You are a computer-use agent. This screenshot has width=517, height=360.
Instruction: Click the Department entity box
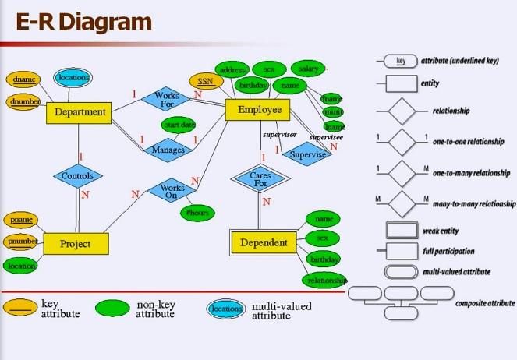tap(80, 112)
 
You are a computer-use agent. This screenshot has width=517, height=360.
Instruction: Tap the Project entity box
tap(76, 244)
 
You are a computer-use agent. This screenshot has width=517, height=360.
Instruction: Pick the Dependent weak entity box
tap(264, 242)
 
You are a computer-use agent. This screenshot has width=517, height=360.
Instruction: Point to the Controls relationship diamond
tap(78, 176)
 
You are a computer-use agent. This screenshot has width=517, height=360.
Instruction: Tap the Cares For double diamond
tap(260, 178)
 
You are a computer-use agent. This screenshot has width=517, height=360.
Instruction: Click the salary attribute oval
tap(308, 69)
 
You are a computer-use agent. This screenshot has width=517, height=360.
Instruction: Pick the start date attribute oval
tap(179, 125)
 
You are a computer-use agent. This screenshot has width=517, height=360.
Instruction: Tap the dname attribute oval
tap(23, 79)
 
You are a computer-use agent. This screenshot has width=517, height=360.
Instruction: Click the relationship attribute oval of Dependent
tap(324, 280)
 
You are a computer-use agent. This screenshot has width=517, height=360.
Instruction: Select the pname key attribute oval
tap(23, 220)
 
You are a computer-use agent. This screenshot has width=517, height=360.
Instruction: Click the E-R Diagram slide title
tap(83, 22)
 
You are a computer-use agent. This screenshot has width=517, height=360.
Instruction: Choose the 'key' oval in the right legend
tap(400, 61)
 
